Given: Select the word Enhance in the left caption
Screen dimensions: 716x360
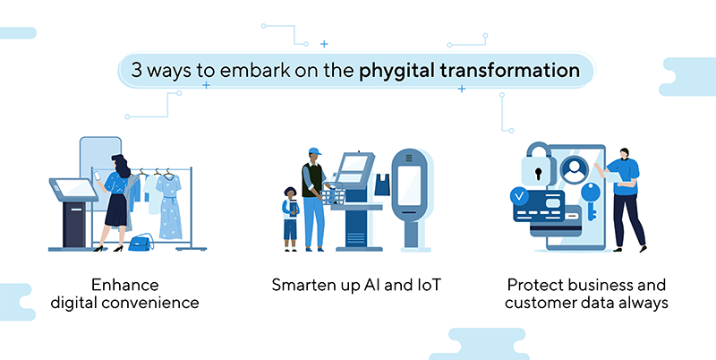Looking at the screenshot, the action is [124, 285].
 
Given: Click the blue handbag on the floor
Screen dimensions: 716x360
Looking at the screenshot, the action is [141, 243].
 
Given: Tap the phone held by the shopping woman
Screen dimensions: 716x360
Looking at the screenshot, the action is [97, 176].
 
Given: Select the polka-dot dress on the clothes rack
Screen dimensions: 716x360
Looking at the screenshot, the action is [169, 206].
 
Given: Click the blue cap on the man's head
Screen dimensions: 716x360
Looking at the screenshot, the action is [315, 150].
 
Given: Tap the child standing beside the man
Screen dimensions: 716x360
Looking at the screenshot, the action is [290, 219].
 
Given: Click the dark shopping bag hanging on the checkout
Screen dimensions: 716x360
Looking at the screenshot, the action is [382, 184].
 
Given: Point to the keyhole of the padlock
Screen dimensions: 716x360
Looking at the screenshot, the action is [539, 174].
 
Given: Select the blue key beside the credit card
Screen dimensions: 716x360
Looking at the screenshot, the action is [591, 201].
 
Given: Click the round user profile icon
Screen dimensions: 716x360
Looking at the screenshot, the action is [574, 169].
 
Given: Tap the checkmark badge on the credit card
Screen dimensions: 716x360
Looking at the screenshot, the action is [520, 197].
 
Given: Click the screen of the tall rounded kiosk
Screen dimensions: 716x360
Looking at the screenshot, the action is [409, 185].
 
